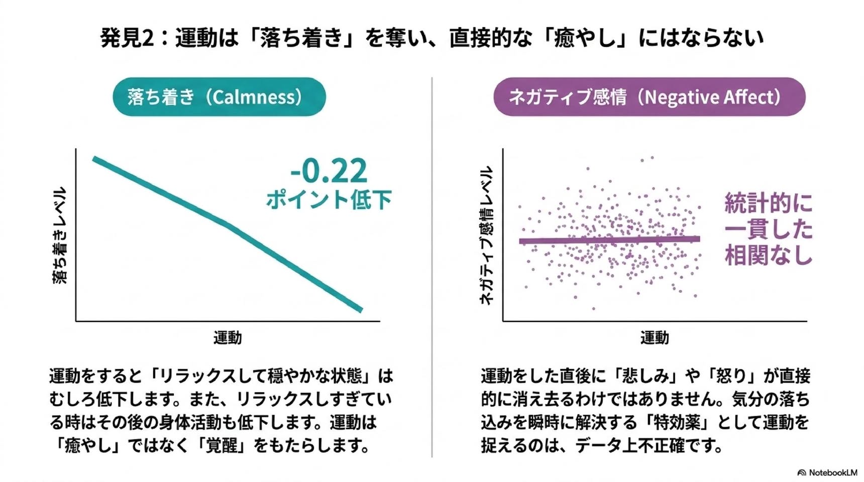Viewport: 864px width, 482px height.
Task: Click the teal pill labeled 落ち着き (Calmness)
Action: [219, 97]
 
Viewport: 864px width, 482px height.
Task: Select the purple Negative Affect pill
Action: [650, 97]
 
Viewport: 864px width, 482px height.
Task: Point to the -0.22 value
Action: [329, 171]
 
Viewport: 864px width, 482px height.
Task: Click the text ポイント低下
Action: [329, 199]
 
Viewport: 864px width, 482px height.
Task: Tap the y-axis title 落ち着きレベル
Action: [59, 235]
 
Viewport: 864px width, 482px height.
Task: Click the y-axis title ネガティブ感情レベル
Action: [486, 235]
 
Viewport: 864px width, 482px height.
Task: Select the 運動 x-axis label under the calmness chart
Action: [228, 338]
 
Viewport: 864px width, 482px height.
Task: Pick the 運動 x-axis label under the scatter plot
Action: [655, 338]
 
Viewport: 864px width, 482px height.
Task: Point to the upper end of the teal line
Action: [94, 159]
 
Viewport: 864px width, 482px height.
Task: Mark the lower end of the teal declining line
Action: [361, 310]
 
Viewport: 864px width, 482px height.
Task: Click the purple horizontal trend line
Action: [609, 240]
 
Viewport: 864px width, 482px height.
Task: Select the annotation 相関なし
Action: [769, 255]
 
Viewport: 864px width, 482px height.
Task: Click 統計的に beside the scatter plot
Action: [769, 203]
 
